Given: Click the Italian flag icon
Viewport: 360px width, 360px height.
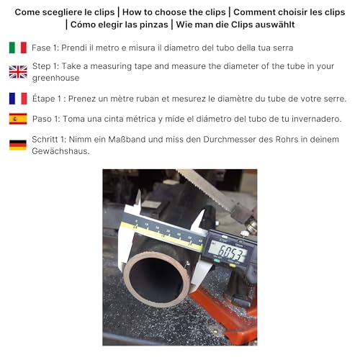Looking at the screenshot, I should [x=17, y=48].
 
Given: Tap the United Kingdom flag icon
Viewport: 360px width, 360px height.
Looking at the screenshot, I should [x=17, y=72].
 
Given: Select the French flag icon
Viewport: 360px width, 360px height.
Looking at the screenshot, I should [x=17, y=98].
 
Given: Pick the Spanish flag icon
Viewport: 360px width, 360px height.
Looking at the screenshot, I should [x=17, y=119].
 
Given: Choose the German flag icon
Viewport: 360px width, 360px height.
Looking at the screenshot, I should [x=17, y=145].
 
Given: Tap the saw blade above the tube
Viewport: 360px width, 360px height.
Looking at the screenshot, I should [x=209, y=189].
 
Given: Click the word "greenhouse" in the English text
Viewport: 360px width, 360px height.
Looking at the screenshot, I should [x=56, y=78].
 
